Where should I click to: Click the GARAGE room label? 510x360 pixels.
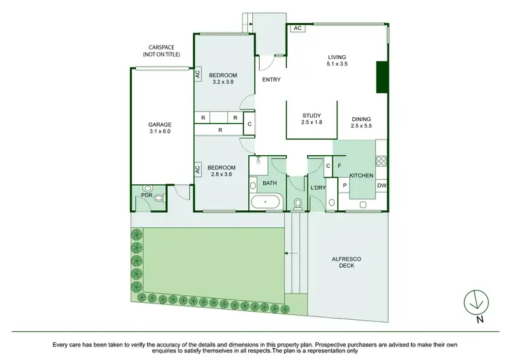(x=160, y=125)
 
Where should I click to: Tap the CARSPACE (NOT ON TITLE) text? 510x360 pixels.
(x=161, y=50)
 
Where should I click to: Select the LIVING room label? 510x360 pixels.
(x=337, y=58)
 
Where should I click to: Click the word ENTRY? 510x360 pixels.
(x=272, y=80)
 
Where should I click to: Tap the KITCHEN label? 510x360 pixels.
(x=362, y=176)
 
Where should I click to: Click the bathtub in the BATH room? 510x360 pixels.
(x=266, y=202)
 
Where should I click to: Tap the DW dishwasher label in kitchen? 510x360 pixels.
(x=381, y=185)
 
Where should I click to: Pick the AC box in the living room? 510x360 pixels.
(x=297, y=29)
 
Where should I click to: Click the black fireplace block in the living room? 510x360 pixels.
(x=381, y=77)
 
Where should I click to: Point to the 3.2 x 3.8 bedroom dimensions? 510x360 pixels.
(x=222, y=82)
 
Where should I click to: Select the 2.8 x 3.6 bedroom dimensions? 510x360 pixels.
(x=222, y=176)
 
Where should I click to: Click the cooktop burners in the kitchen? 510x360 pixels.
(x=381, y=162)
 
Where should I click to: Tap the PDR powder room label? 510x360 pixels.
(x=146, y=195)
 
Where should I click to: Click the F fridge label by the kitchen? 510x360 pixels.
(x=338, y=165)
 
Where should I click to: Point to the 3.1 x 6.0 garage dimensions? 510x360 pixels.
(x=160, y=133)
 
